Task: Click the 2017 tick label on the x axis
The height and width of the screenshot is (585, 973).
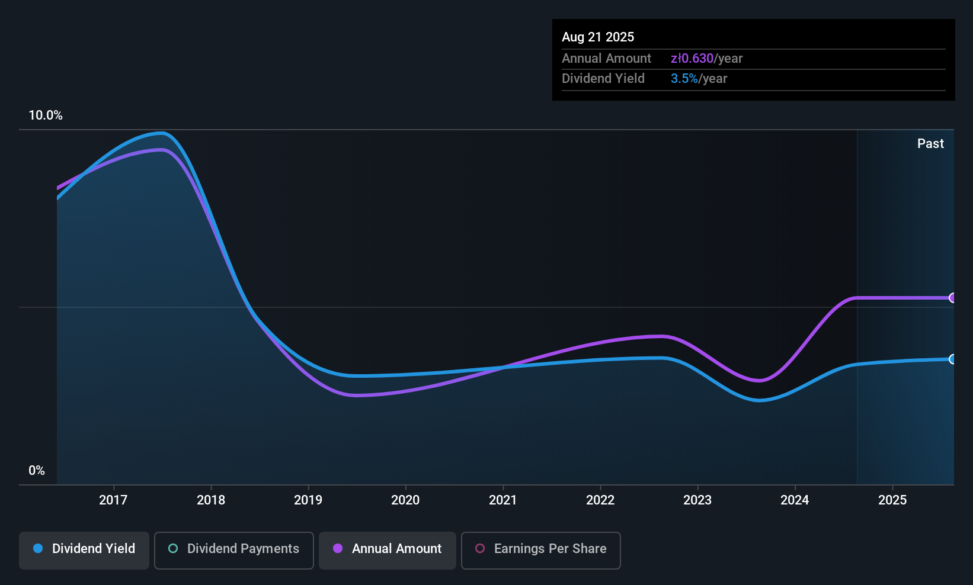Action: pyautogui.click(x=113, y=500)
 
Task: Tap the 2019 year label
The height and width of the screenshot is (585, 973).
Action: pyautogui.click(x=308, y=500)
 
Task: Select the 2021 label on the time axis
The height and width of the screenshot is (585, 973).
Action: pyautogui.click(x=502, y=500)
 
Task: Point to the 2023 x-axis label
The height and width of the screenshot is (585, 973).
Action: pyautogui.click(x=697, y=500)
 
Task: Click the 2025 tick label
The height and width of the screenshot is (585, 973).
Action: pyautogui.click(x=892, y=500)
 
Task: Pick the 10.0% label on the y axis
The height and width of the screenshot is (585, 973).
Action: pyautogui.click(x=46, y=115)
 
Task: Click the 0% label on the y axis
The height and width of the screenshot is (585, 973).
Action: pyautogui.click(x=37, y=471)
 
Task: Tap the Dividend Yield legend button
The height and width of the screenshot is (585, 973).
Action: pyautogui.click(x=84, y=549)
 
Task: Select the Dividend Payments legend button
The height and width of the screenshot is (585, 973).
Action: pyautogui.click(x=233, y=549)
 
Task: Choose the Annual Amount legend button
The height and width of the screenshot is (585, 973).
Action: pyautogui.click(x=388, y=549)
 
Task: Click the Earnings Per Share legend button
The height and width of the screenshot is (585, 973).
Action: pyautogui.click(x=540, y=549)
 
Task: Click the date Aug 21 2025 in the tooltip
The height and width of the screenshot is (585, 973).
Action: pyautogui.click(x=598, y=37)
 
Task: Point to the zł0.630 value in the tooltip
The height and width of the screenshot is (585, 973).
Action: pyautogui.click(x=692, y=59)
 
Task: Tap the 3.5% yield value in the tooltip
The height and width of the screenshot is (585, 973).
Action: pyautogui.click(x=684, y=79)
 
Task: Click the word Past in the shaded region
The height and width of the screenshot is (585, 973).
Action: pyautogui.click(x=930, y=144)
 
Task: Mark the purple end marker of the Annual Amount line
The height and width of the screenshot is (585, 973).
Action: pyautogui.click(x=952, y=298)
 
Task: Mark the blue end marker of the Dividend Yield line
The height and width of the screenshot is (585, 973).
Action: pyautogui.click(x=952, y=359)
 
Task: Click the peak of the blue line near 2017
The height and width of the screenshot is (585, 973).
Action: pyautogui.click(x=161, y=133)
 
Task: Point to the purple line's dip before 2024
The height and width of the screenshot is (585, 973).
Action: pyautogui.click(x=758, y=381)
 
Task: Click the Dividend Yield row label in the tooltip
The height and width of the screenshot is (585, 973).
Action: pyautogui.click(x=603, y=79)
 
